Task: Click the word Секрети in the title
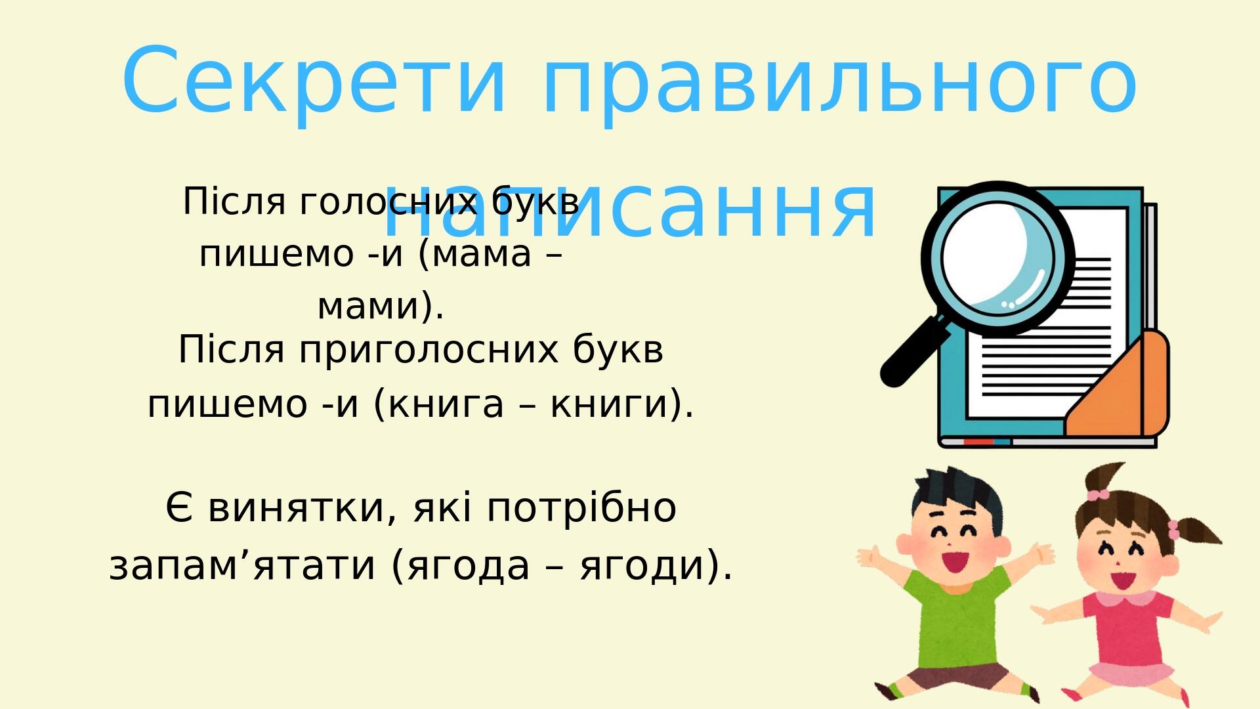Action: [x=314, y=81]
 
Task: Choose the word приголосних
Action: [x=429, y=350]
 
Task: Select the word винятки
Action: [x=303, y=508]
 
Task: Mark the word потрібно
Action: [x=581, y=508]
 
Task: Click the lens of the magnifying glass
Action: [x=997, y=258]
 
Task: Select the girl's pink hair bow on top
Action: [x=1097, y=494]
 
